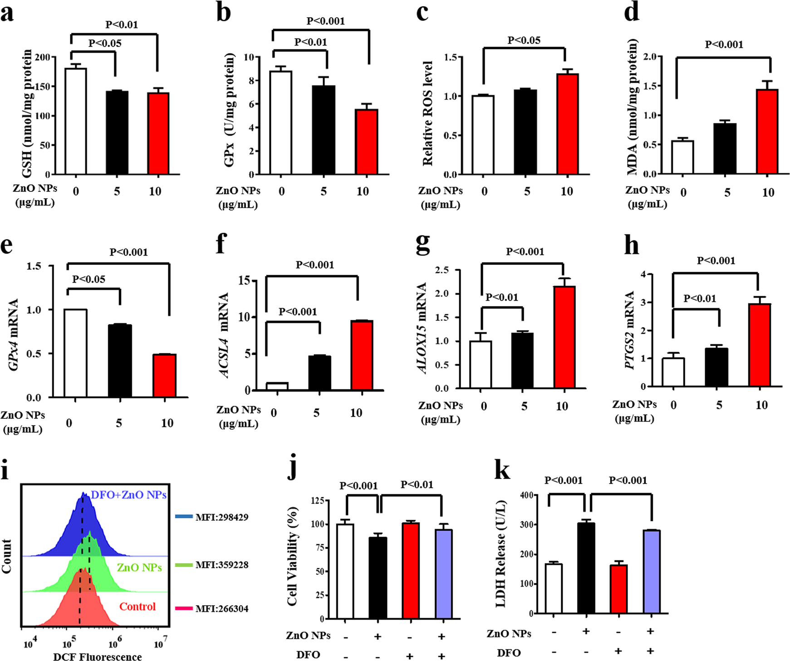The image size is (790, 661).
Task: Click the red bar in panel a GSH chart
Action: [158, 133]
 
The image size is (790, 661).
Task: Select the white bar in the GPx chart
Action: [281, 122]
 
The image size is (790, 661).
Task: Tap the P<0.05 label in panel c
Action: [524, 40]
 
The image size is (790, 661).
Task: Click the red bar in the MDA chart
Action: [767, 132]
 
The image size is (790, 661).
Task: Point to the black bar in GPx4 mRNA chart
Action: [120, 361]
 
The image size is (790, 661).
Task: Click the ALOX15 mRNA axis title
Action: [422, 328]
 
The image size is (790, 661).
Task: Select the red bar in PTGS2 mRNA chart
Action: [760, 345]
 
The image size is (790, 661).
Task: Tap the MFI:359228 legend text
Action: [221, 565]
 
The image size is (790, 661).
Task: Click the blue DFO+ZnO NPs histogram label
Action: [129, 495]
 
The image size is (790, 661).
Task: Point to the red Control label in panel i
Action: [137, 607]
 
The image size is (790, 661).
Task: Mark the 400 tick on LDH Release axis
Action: [525, 495]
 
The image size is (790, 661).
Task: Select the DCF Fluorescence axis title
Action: [97, 656]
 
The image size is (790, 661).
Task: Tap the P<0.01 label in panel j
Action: [417, 485]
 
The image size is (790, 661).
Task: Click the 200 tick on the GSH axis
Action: [43, 57]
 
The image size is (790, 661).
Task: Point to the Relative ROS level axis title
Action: [427, 113]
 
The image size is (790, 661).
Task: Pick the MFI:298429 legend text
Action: [221, 517]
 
